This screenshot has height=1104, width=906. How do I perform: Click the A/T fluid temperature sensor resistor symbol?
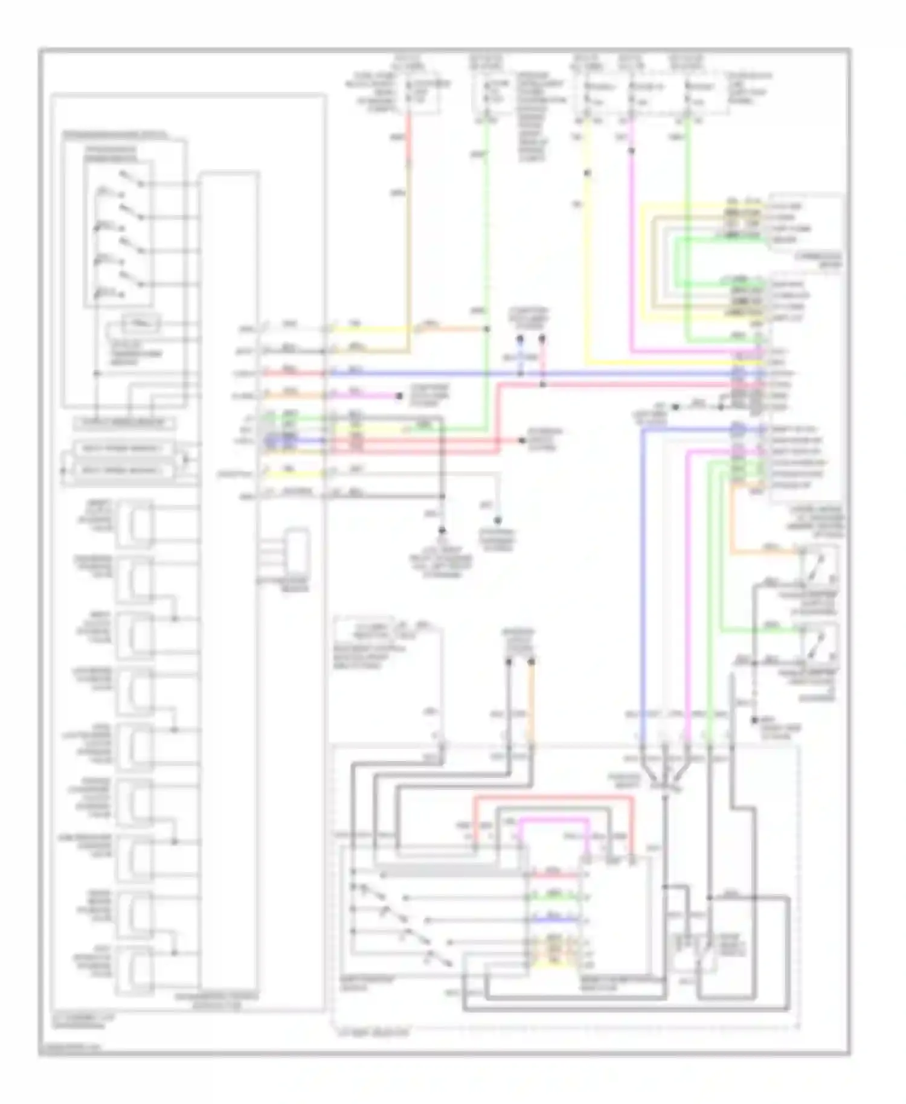tap(141, 324)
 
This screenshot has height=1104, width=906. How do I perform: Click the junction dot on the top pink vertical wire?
tap(632, 150)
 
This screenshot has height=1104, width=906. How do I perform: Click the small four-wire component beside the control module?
tap(297, 553)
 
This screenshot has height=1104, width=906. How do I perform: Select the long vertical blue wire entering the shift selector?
tap(643, 574)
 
